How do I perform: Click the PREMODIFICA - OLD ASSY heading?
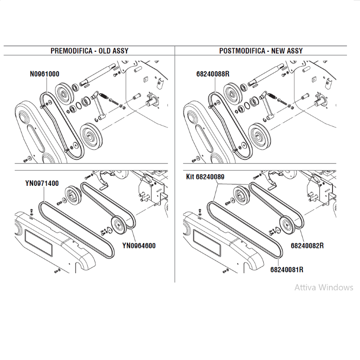[90, 51]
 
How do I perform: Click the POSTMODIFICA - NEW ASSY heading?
[261, 51]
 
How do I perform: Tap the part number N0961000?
[45, 74]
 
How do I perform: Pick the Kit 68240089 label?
[205, 177]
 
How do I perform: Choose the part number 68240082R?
[307, 246]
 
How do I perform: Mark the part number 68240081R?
[287, 270]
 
